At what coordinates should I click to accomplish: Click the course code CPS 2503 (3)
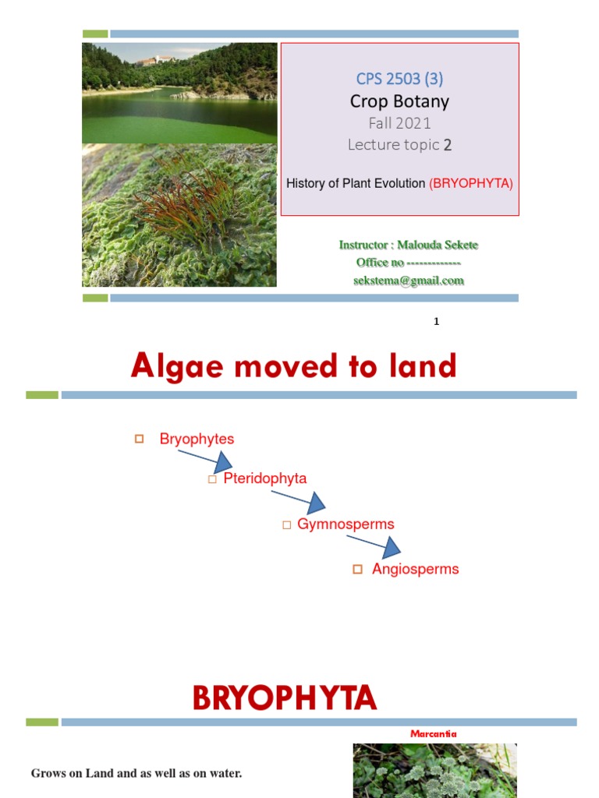[x=399, y=79]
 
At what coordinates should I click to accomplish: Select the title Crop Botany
[x=399, y=101]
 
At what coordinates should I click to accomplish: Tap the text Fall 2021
[x=399, y=123]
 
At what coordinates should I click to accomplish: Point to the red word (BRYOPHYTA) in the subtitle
[x=471, y=184]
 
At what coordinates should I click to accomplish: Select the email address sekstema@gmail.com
[x=409, y=281]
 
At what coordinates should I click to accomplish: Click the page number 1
[x=437, y=321]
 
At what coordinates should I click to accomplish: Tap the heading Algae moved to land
[x=293, y=366]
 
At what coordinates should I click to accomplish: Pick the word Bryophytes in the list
[x=197, y=439]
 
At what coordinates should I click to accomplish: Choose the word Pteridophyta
[x=264, y=478]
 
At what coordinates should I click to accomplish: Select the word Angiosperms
[x=415, y=569]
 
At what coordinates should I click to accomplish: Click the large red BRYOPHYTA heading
[x=285, y=698]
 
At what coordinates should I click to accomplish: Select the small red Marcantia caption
[x=433, y=733]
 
